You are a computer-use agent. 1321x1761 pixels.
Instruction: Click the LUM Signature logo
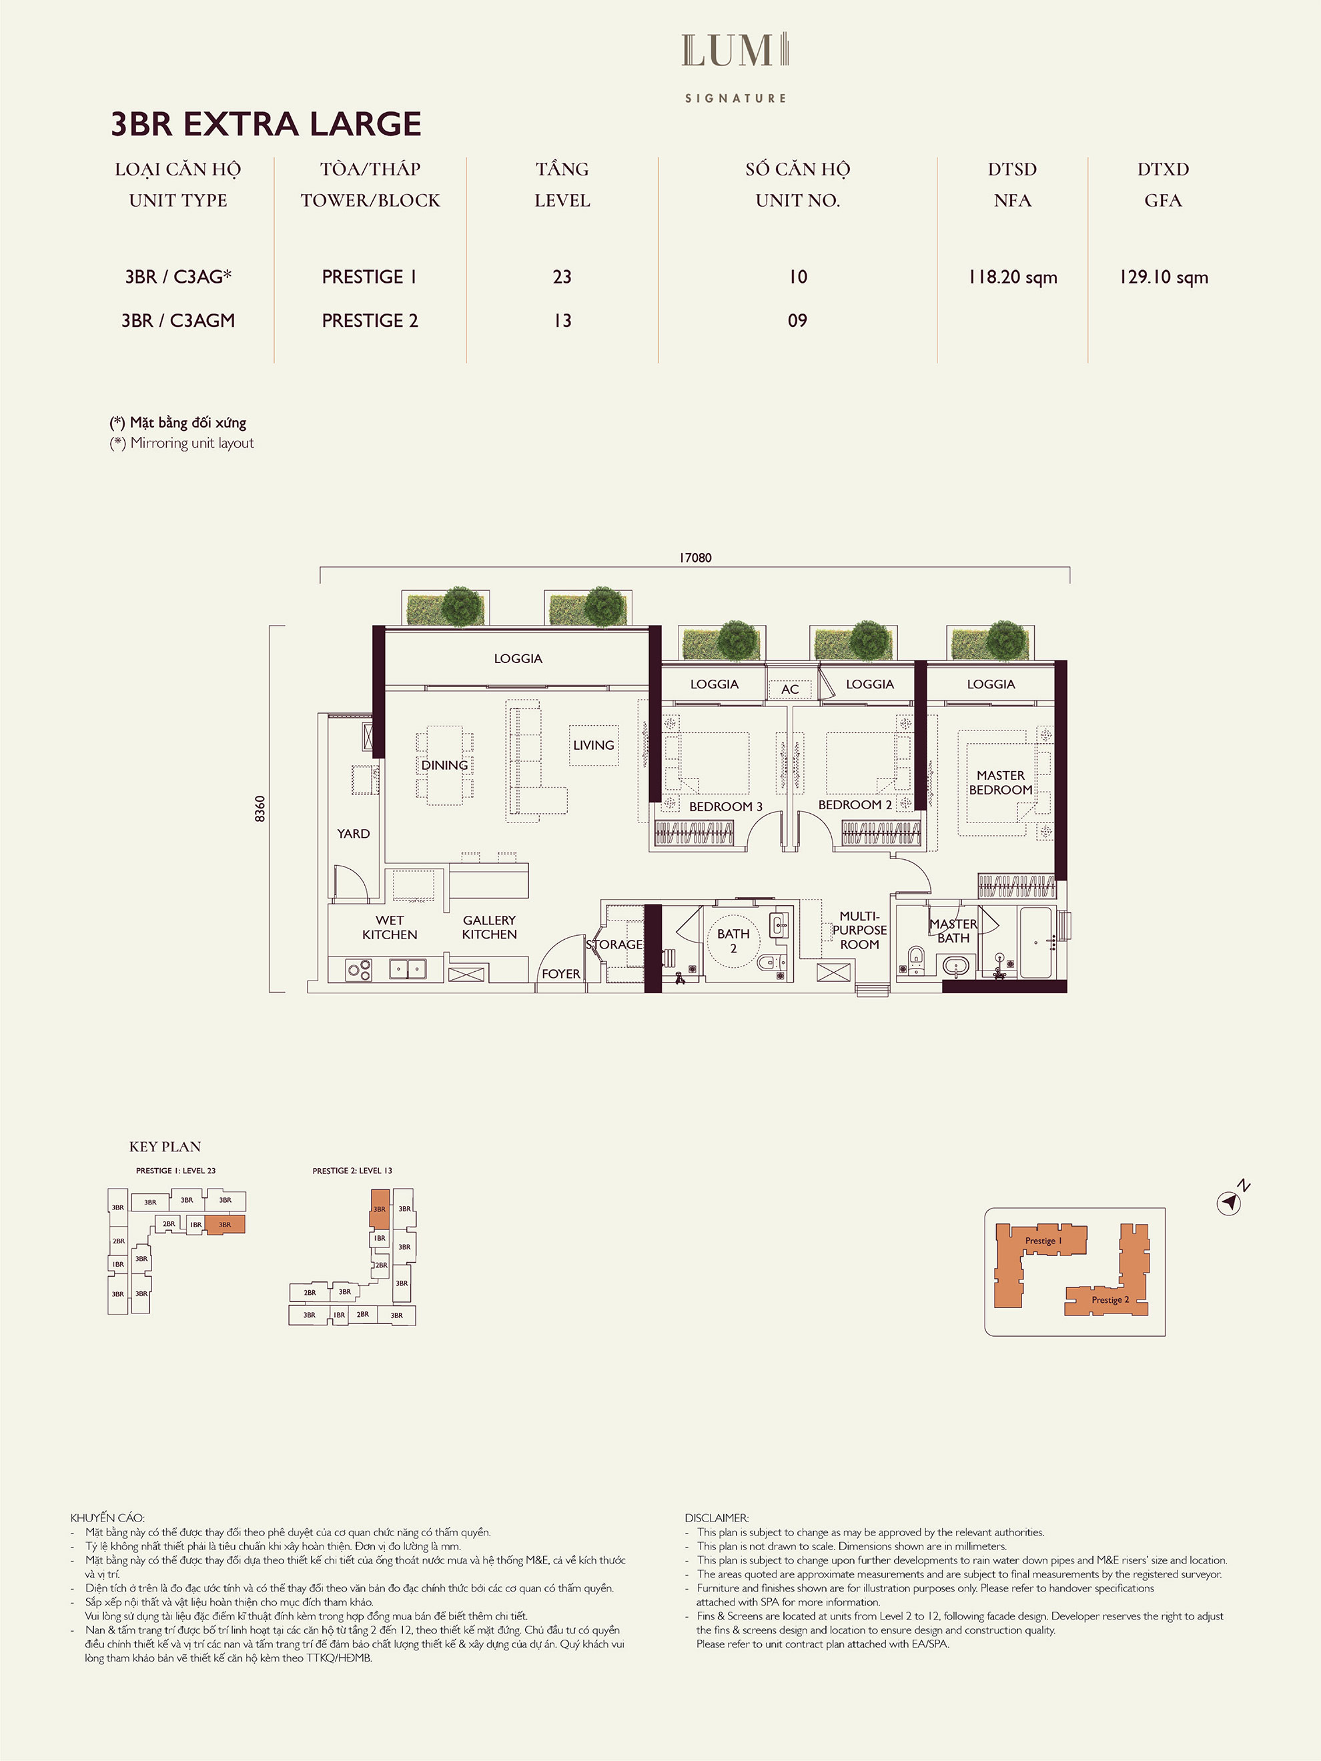736,67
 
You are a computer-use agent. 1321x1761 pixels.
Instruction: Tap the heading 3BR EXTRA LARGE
266,124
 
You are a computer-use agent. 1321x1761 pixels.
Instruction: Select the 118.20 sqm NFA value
1012,277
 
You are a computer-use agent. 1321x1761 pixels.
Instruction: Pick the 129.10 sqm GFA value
1164,277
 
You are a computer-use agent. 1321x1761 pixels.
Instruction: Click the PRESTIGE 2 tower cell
370,321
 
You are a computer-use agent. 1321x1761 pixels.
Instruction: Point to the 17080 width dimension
695,557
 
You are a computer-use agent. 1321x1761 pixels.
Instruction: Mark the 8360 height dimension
260,809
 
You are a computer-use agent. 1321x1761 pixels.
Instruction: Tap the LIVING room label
594,745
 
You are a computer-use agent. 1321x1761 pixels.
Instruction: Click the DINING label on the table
444,765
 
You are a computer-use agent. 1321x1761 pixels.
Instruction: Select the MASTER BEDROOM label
1001,782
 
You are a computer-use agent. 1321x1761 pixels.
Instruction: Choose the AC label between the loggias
790,690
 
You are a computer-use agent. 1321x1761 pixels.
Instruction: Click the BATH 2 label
733,941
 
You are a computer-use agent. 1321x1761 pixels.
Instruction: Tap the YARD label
354,834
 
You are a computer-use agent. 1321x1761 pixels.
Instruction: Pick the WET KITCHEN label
390,927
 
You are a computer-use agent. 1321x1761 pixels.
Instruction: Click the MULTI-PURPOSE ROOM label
859,930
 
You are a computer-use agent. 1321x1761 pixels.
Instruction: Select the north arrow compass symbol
1230,1202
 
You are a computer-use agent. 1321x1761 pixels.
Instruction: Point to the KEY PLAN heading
165,1147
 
